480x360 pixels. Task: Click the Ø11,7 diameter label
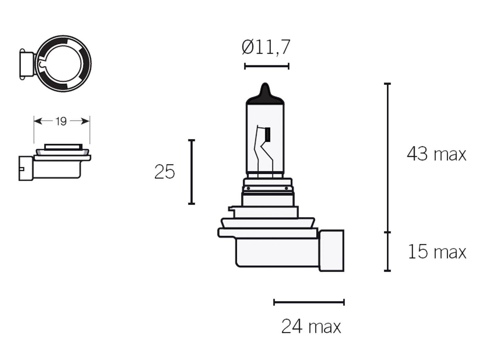point(266,47)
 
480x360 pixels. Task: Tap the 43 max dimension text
point(436,154)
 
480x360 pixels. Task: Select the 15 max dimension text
point(437,252)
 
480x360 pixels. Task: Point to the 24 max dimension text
point(311,326)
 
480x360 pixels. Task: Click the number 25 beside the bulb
point(164,172)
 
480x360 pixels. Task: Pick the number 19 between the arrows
point(61,121)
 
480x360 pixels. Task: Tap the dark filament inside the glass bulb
point(267,134)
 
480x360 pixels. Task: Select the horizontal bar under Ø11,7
point(266,66)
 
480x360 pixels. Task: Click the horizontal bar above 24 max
point(309,302)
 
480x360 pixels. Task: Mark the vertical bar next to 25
point(192,172)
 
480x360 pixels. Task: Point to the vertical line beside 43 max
point(388,158)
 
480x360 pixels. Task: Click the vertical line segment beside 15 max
point(388,252)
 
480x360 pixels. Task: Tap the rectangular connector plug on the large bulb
point(331,251)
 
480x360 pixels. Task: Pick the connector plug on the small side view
point(25,168)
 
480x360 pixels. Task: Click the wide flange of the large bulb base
point(267,233)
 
